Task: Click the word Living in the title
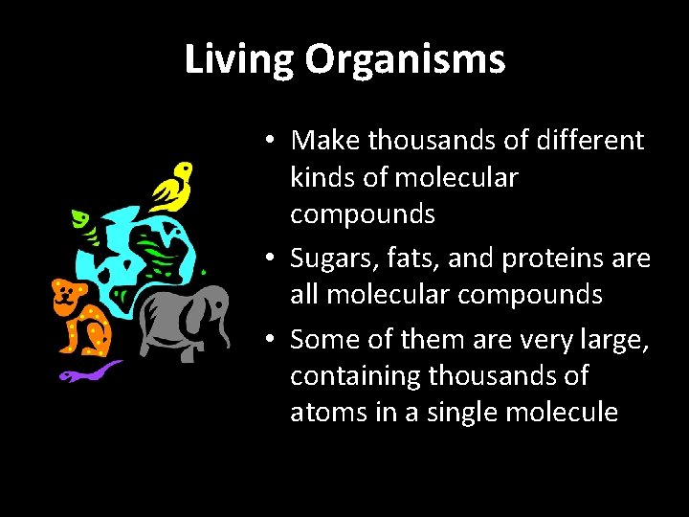pyautogui.click(x=240, y=60)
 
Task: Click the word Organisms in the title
pyautogui.click(x=405, y=60)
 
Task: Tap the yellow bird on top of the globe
pyautogui.click(x=171, y=187)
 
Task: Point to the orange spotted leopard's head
pyautogui.click(x=67, y=298)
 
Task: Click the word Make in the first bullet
pyautogui.click(x=326, y=141)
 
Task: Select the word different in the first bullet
pyautogui.click(x=592, y=141)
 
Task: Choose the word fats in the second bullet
pyautogui.click(x=408, y=258)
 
